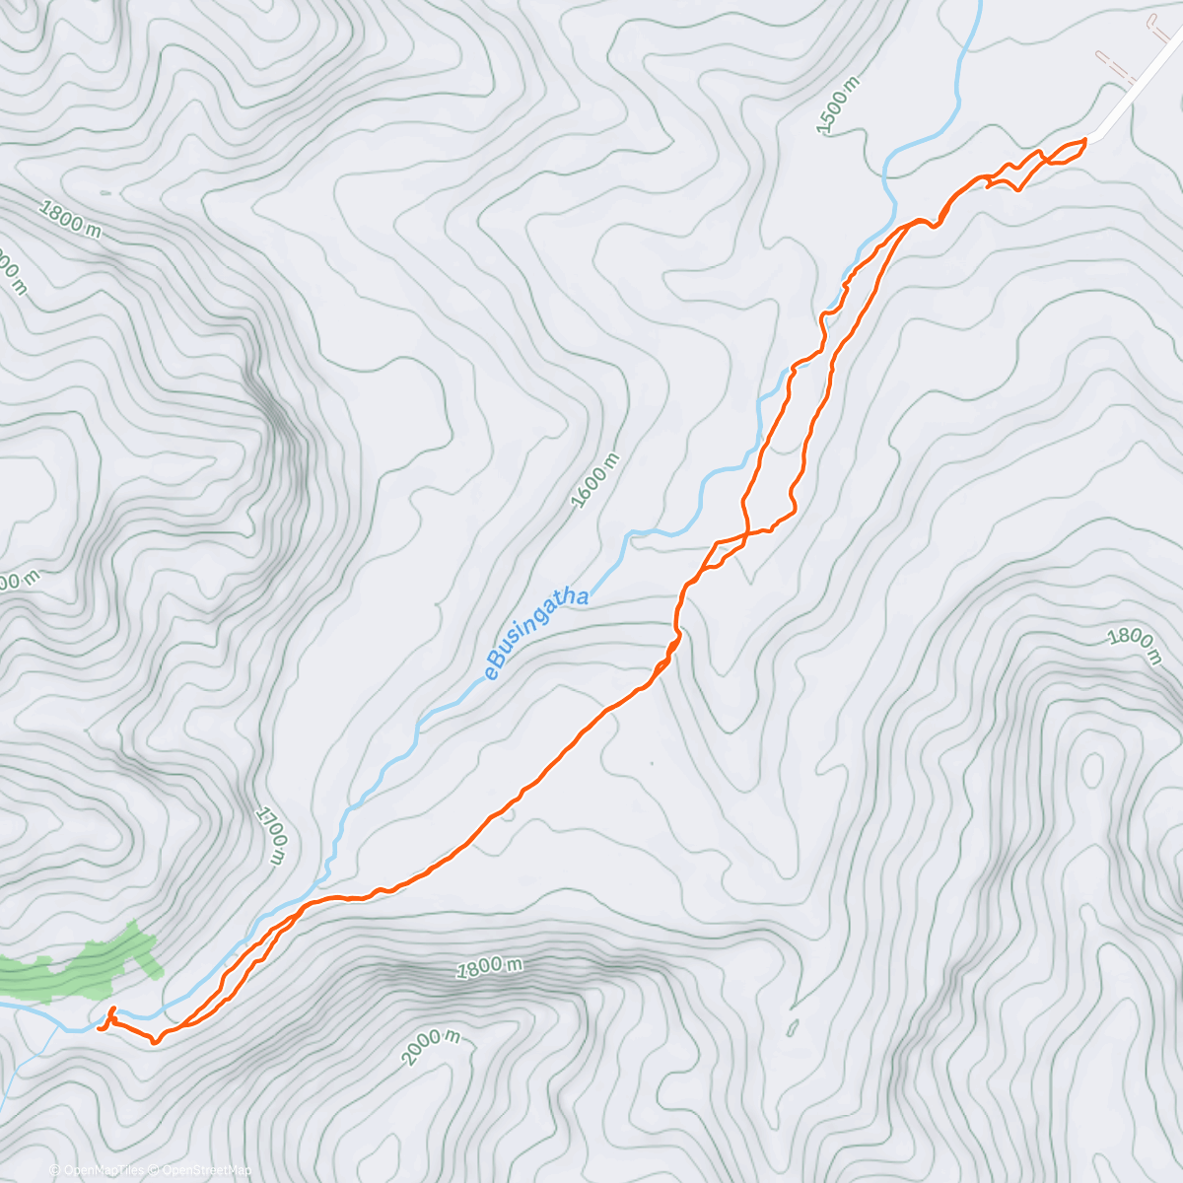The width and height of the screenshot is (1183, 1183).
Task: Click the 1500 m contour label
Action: pyautogui.click(x=839, y=104)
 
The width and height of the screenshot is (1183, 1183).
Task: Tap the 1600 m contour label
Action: pyautogui.click(x=595, y=480)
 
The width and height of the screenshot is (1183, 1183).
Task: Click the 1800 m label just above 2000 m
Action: pyautogui.click(x=489, y=967)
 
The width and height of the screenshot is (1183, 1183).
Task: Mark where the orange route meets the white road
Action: pyautogui.click(x=1086, y=139)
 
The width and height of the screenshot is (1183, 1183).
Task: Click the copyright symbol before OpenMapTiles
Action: pyautogui.click(x=55, y=1171)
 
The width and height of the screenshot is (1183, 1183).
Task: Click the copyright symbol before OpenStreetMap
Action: pyautogui.click(x=156, y=1171)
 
